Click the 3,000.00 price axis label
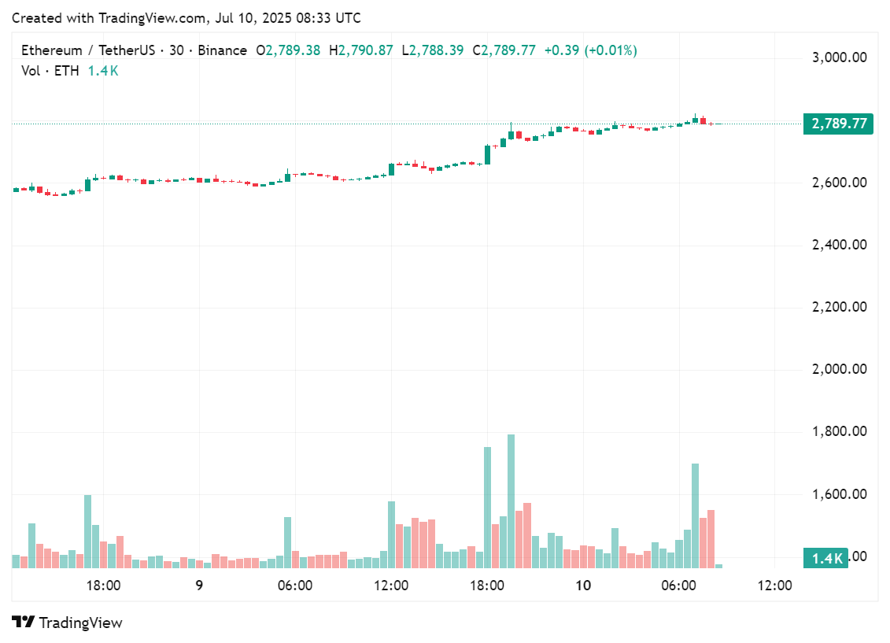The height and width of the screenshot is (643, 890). point(839,57)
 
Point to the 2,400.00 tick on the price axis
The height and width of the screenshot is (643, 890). point(839,245)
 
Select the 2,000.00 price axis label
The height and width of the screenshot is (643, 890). point(839,369)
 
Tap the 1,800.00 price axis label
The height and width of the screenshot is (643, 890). point(839,431)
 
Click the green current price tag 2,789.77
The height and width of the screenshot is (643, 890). point(838,124)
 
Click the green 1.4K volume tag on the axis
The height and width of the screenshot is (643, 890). point(826,558)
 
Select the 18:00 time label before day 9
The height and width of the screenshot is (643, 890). point(103,586)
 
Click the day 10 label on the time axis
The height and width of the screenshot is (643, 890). point(582,586)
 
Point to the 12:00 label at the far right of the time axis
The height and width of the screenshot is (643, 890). point(774,586)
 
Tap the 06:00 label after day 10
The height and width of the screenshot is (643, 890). point(678,586)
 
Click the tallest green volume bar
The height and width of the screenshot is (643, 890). point(511,501)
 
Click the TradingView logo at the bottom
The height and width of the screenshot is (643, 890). point(68,623)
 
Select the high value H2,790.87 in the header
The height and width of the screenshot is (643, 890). point(361,50)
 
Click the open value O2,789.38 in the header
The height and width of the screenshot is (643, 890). point(288,50)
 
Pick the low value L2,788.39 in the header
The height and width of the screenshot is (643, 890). point(433,50)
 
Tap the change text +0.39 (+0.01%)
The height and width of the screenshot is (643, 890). point(590,50)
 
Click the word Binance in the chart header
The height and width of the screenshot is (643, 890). point(222,50)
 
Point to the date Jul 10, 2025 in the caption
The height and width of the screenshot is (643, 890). point(256,18)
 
